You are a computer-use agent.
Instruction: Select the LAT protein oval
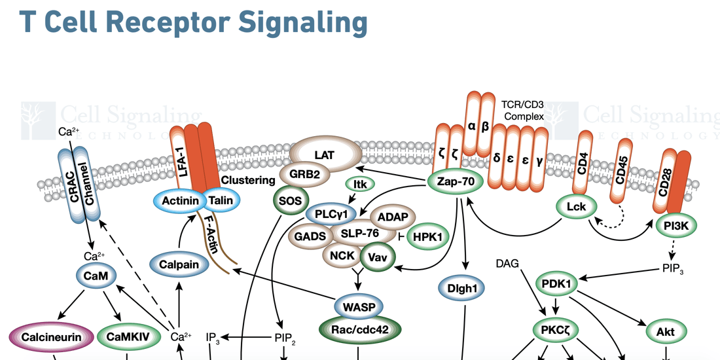(x=325, y=154)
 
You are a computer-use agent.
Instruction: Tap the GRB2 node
(x=304, y=175)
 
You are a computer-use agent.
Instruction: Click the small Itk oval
(x=359, y=185)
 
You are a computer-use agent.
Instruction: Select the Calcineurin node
(x=51, y=337)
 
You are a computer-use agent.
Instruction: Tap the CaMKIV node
(x=128, y=337)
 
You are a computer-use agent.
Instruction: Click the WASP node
(x=359, y=306)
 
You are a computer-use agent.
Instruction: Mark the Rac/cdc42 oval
(x=359, y=330)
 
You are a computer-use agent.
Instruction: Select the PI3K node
(x=676, y=226)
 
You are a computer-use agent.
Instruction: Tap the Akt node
(x=665, y=332)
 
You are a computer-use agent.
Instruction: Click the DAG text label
(x=507, y=263)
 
